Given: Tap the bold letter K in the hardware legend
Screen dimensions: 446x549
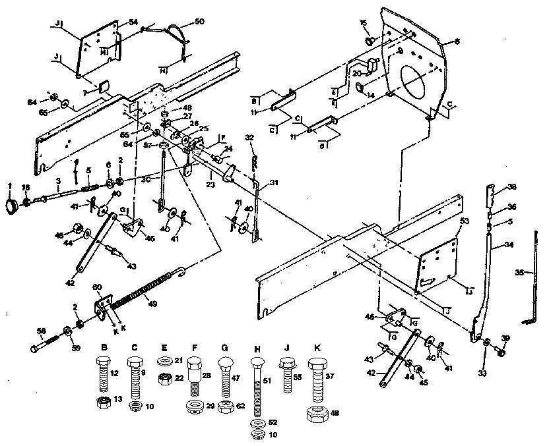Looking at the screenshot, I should point(317,348).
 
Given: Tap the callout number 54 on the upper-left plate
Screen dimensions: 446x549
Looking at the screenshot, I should point(133,23).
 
